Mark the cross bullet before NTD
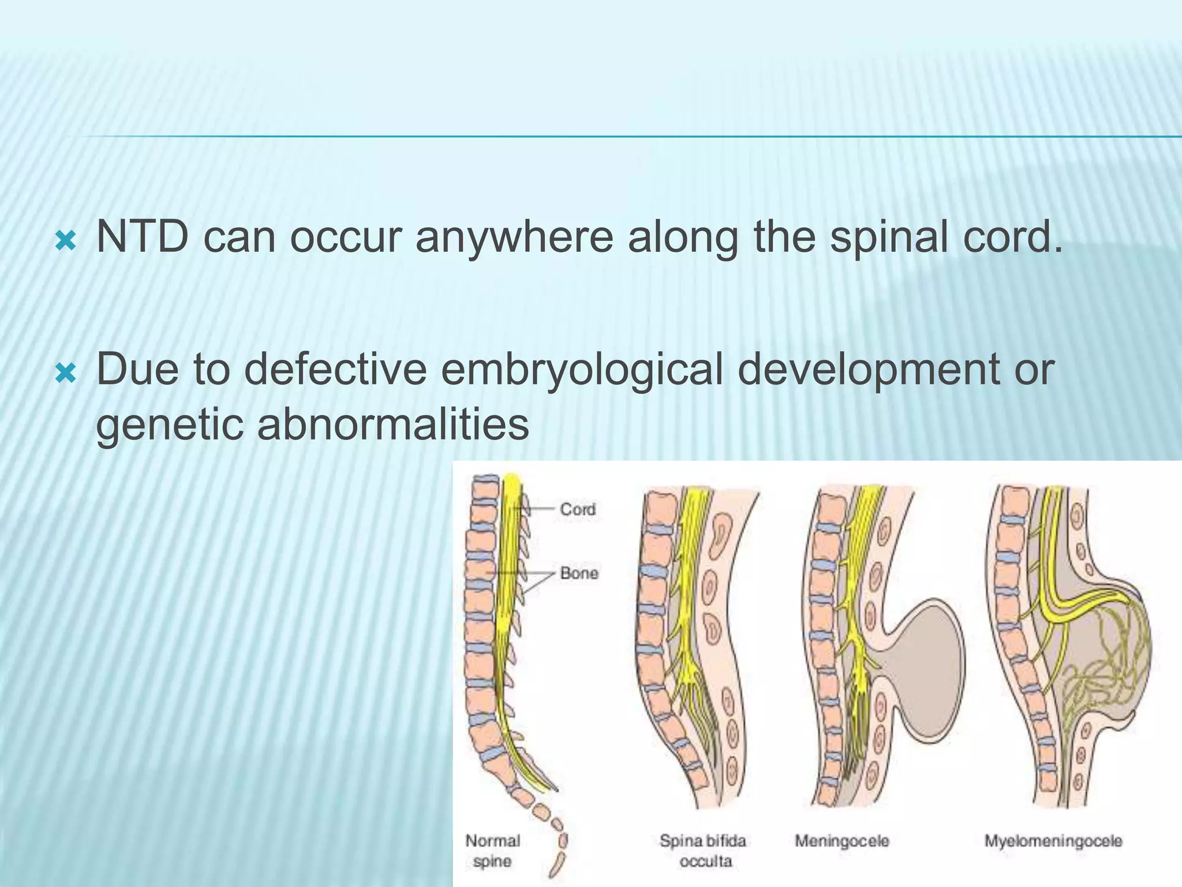coord(65,241)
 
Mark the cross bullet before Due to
coord(65,374)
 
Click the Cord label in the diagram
coord(577,509)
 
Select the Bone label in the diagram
coord(579,573)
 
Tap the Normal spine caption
coord(492,851)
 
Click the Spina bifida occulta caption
coord(704,851)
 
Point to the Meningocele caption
coord(841,841)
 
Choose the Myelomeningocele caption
coord(1053,841)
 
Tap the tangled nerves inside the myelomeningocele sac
coord(1102,670)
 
